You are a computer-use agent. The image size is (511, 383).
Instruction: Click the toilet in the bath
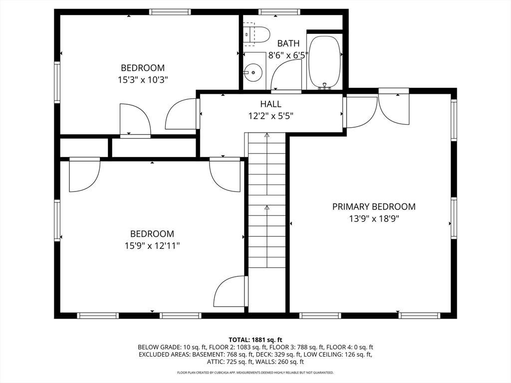pos(257,34)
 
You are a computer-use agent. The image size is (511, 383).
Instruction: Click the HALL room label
pos(270,104)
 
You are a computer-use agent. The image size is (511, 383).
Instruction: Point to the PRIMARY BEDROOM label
pos(374,206)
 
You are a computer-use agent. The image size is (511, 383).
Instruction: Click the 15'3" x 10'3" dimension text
pos(143,80)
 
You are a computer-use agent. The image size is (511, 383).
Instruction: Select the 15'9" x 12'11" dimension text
pos(152,246)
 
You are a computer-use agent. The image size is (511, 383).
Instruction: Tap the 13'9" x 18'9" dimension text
pos(374,218)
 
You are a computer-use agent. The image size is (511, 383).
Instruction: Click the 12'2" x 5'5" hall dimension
pos(271,116)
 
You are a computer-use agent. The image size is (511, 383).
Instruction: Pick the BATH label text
pos(288,43)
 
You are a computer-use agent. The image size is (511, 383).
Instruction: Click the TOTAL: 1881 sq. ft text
pos(255,340)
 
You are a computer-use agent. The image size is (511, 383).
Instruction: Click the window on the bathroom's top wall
pos(279,12)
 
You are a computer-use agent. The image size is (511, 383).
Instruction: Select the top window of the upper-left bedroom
pos(170,12)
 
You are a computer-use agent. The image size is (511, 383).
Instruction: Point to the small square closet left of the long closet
pos(84,148)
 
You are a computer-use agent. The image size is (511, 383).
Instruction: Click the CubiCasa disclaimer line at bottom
pos(255,373)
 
